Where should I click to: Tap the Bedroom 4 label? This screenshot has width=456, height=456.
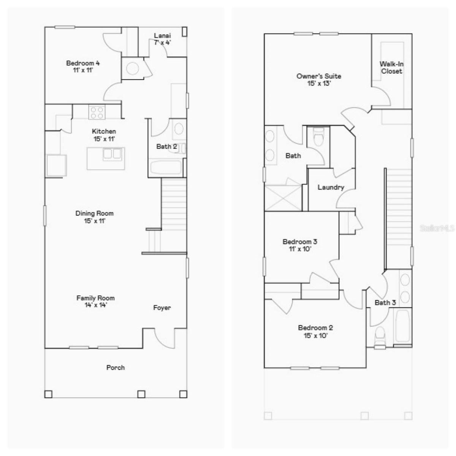point(83,63)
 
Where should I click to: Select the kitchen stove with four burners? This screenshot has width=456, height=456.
point(97,112)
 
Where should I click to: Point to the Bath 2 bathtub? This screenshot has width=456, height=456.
point(166,168)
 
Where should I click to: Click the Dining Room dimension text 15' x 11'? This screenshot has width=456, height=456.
point(94,221)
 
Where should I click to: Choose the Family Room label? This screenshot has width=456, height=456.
point(95,298)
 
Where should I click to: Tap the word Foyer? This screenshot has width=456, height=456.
point(162,308)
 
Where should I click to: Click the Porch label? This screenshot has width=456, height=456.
point(116,367)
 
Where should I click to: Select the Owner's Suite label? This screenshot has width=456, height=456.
point(319,76)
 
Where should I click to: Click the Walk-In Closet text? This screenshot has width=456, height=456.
point(392,68)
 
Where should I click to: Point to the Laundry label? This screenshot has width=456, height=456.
point(331,187)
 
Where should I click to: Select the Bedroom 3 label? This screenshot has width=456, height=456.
point(300,242)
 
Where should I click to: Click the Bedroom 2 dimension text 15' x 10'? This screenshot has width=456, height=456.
point(315,336)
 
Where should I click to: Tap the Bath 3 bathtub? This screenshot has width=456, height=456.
point(402,326)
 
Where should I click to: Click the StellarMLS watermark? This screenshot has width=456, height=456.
point(437,228)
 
